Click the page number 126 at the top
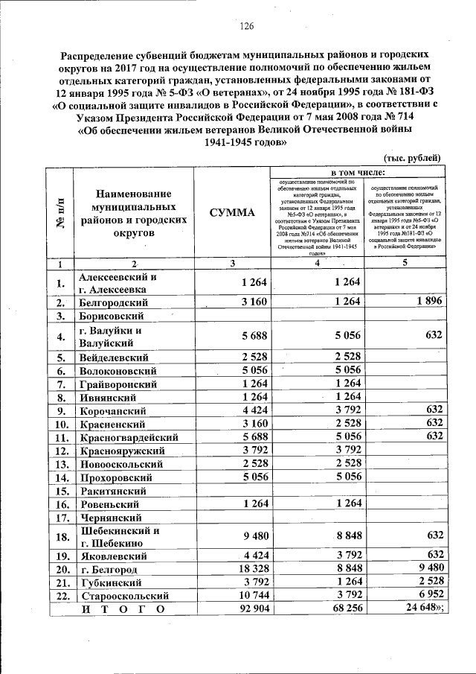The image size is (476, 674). click(x=246, y=28)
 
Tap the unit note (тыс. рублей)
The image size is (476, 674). click(x=413, y=158)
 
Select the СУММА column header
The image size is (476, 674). click(x=232, y=213)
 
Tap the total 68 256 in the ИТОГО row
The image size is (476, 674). click(x=343, y=610)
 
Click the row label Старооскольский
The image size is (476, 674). click(x=124, y=597)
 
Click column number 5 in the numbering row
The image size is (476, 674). click(x=405, y=262)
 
